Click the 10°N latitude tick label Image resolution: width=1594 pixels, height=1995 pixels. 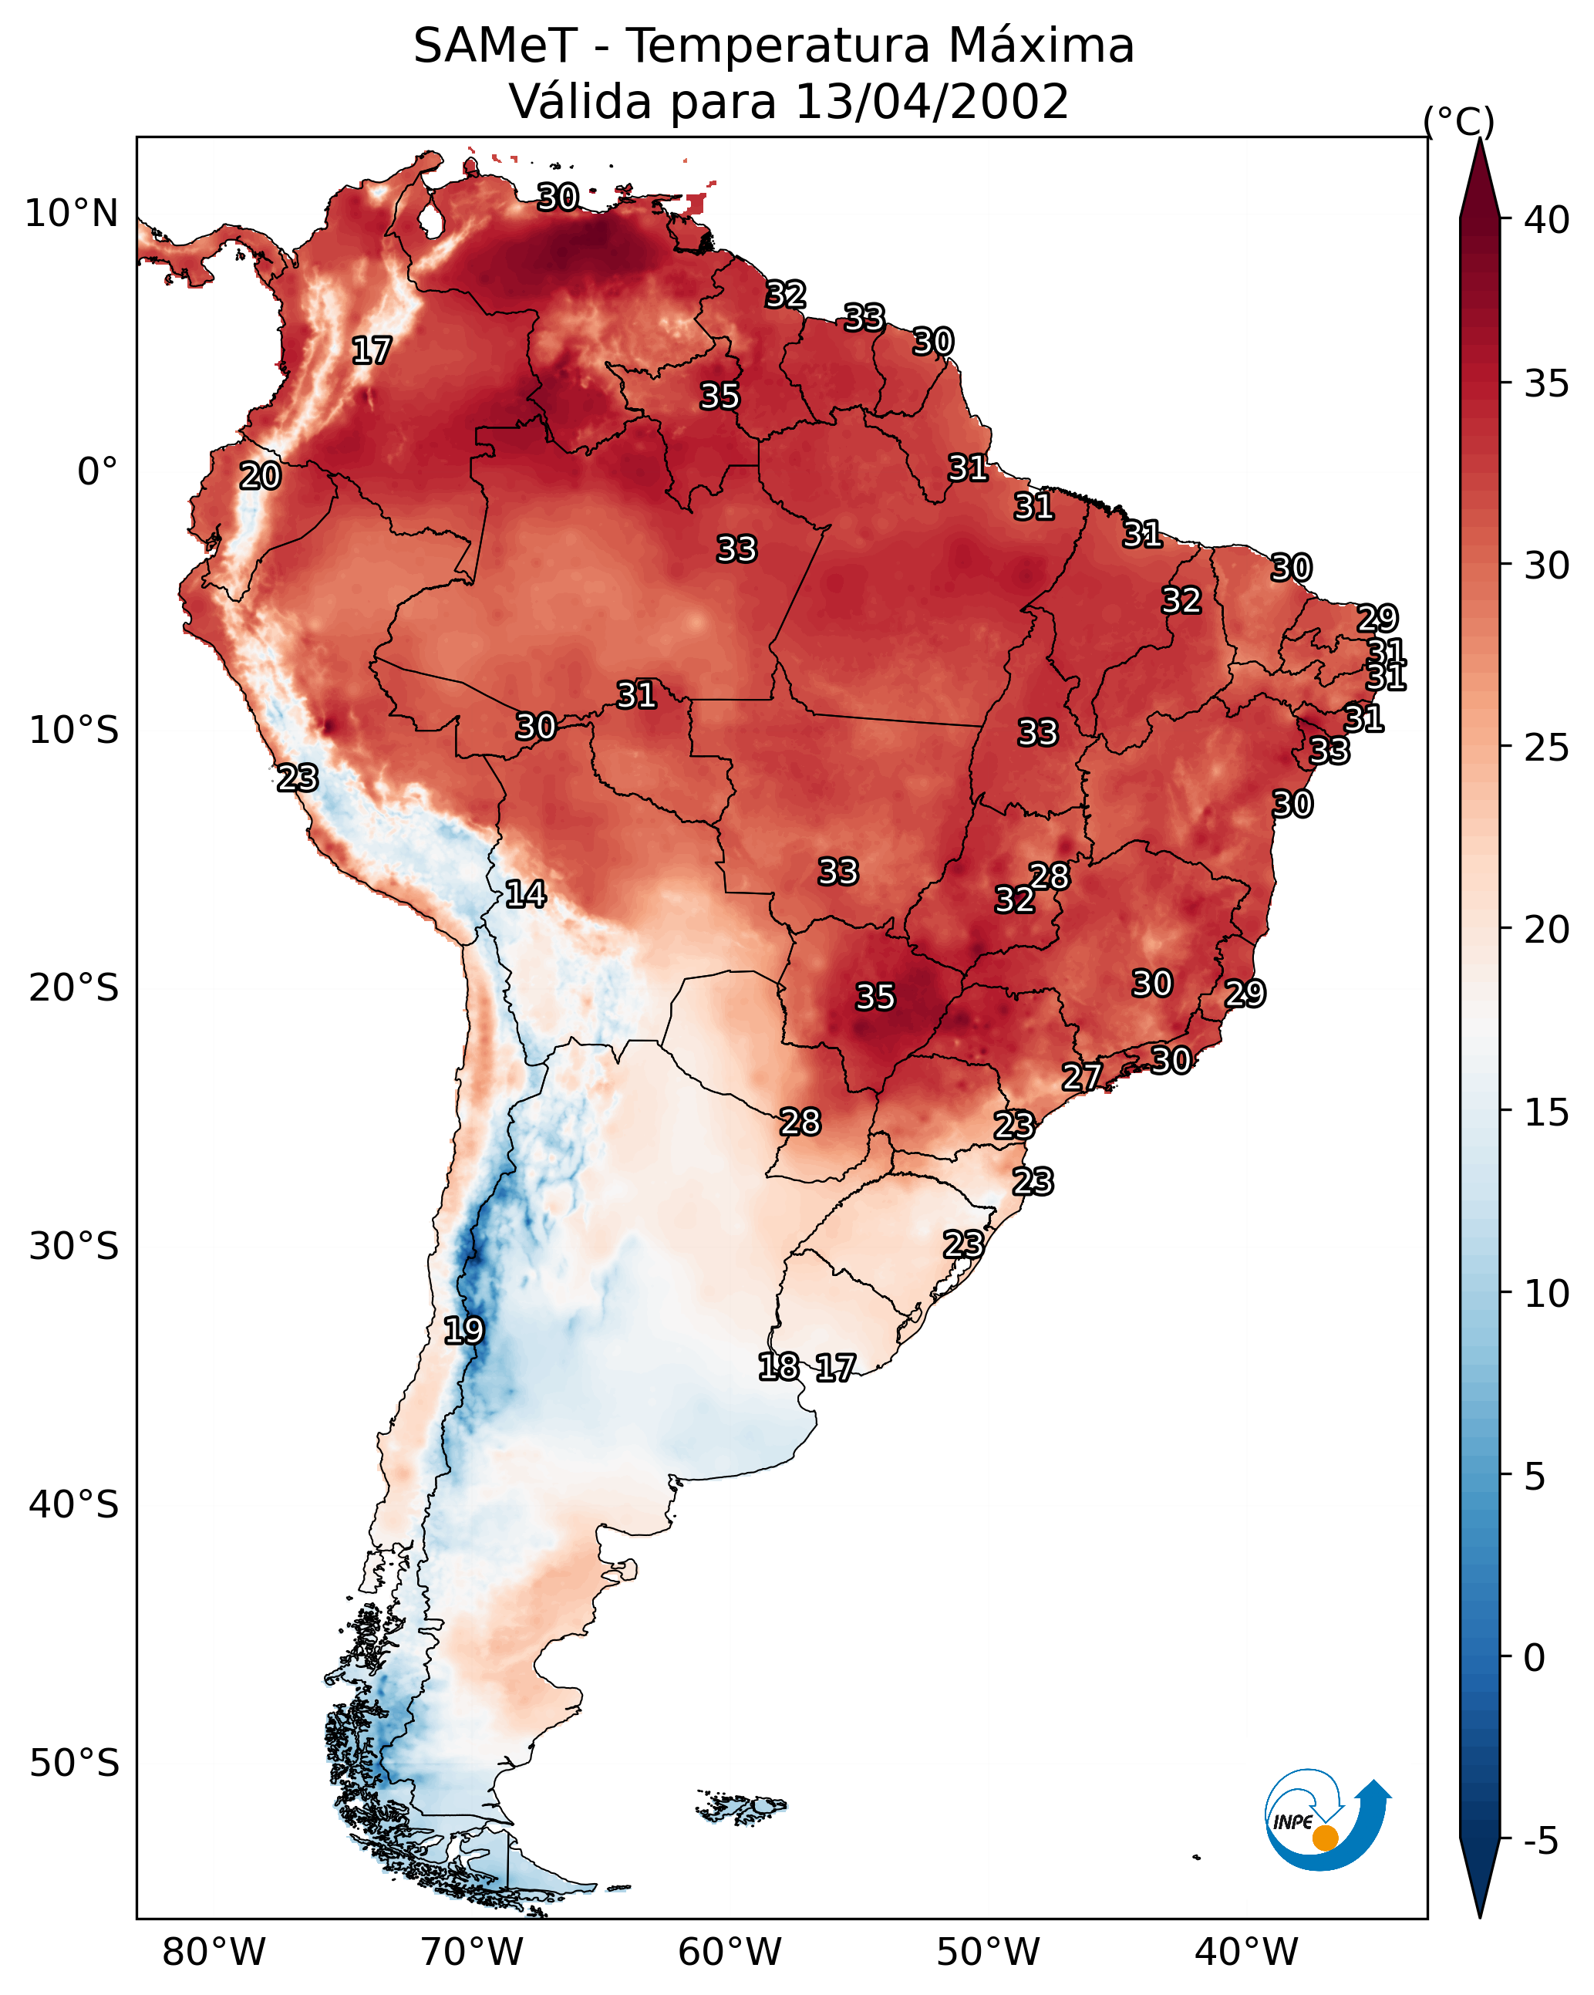(71, 214)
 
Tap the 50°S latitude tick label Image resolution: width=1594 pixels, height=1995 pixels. (74, 1764)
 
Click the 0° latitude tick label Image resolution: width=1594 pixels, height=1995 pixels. (97, 472)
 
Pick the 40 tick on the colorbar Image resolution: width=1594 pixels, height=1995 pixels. (1547, 220)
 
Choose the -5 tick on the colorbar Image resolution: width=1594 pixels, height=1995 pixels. (1540, 1841)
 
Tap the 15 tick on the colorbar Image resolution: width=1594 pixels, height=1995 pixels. (1547, 1113)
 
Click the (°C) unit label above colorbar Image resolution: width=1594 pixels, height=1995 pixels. (1458, 121)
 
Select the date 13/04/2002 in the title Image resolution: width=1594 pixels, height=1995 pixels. (932, 102)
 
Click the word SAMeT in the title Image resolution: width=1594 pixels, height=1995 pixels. (495, 46)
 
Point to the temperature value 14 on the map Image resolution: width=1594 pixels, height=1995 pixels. (525, 894)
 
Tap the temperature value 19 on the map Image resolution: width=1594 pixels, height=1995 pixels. (463, 1331)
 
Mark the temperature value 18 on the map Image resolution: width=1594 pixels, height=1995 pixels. (778, 1367)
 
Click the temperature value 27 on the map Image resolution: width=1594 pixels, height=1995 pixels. (1081, 1077)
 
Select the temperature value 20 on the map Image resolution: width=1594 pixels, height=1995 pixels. (260, 477)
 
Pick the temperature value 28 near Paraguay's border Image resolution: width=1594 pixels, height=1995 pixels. (800, 1122)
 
